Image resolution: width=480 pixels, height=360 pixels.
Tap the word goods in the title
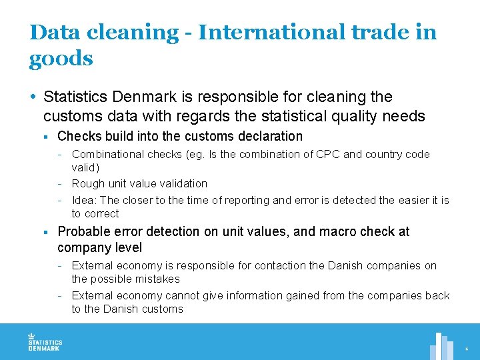(x=61, y=59)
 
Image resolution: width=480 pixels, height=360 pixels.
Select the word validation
(x=181, y=183)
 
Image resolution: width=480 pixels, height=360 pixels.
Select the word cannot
(x=200, y=295)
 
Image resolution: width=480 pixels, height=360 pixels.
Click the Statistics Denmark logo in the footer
(x=44, y=342)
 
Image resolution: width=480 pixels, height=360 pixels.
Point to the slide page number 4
(x=467, y=349)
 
